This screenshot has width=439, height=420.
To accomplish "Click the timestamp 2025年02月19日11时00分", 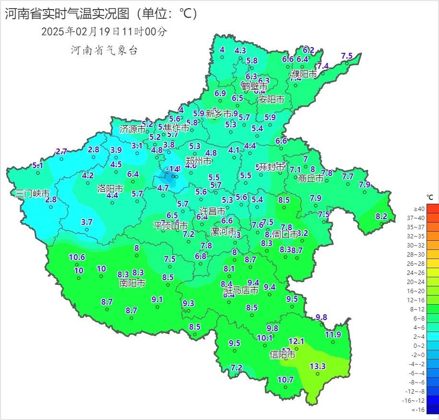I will point(104,32).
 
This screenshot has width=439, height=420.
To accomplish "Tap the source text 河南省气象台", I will point(104,50).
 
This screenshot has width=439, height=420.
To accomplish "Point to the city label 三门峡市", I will point(33,194).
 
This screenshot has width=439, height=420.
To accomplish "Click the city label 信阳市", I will point(282,355).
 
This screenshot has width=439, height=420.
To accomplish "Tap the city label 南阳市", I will point(132,283).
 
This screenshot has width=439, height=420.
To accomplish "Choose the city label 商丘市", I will point(310,178).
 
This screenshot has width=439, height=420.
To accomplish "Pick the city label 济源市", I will point(133,129).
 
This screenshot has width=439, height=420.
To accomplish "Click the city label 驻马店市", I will point(241,290).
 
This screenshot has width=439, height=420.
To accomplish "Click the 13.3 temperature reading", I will point(317,366).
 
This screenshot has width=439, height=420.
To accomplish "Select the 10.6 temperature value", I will point(77,257).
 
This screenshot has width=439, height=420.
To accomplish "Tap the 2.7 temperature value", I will point(61,151).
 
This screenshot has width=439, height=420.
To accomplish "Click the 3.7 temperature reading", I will point(87,222).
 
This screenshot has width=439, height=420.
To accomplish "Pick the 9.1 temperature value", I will point(157,299).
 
